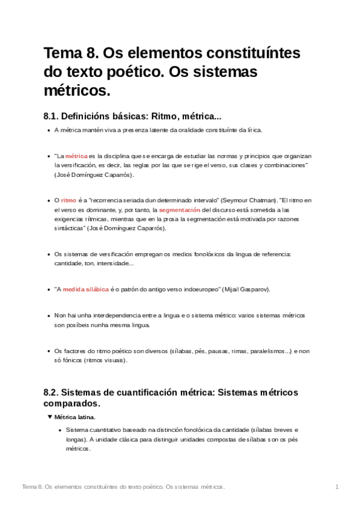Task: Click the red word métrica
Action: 76,155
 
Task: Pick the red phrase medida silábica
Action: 85,289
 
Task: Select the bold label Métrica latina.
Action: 75,416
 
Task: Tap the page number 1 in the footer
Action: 338,486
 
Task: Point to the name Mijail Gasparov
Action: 247,289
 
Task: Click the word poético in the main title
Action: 124,72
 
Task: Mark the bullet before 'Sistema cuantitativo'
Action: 59,430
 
